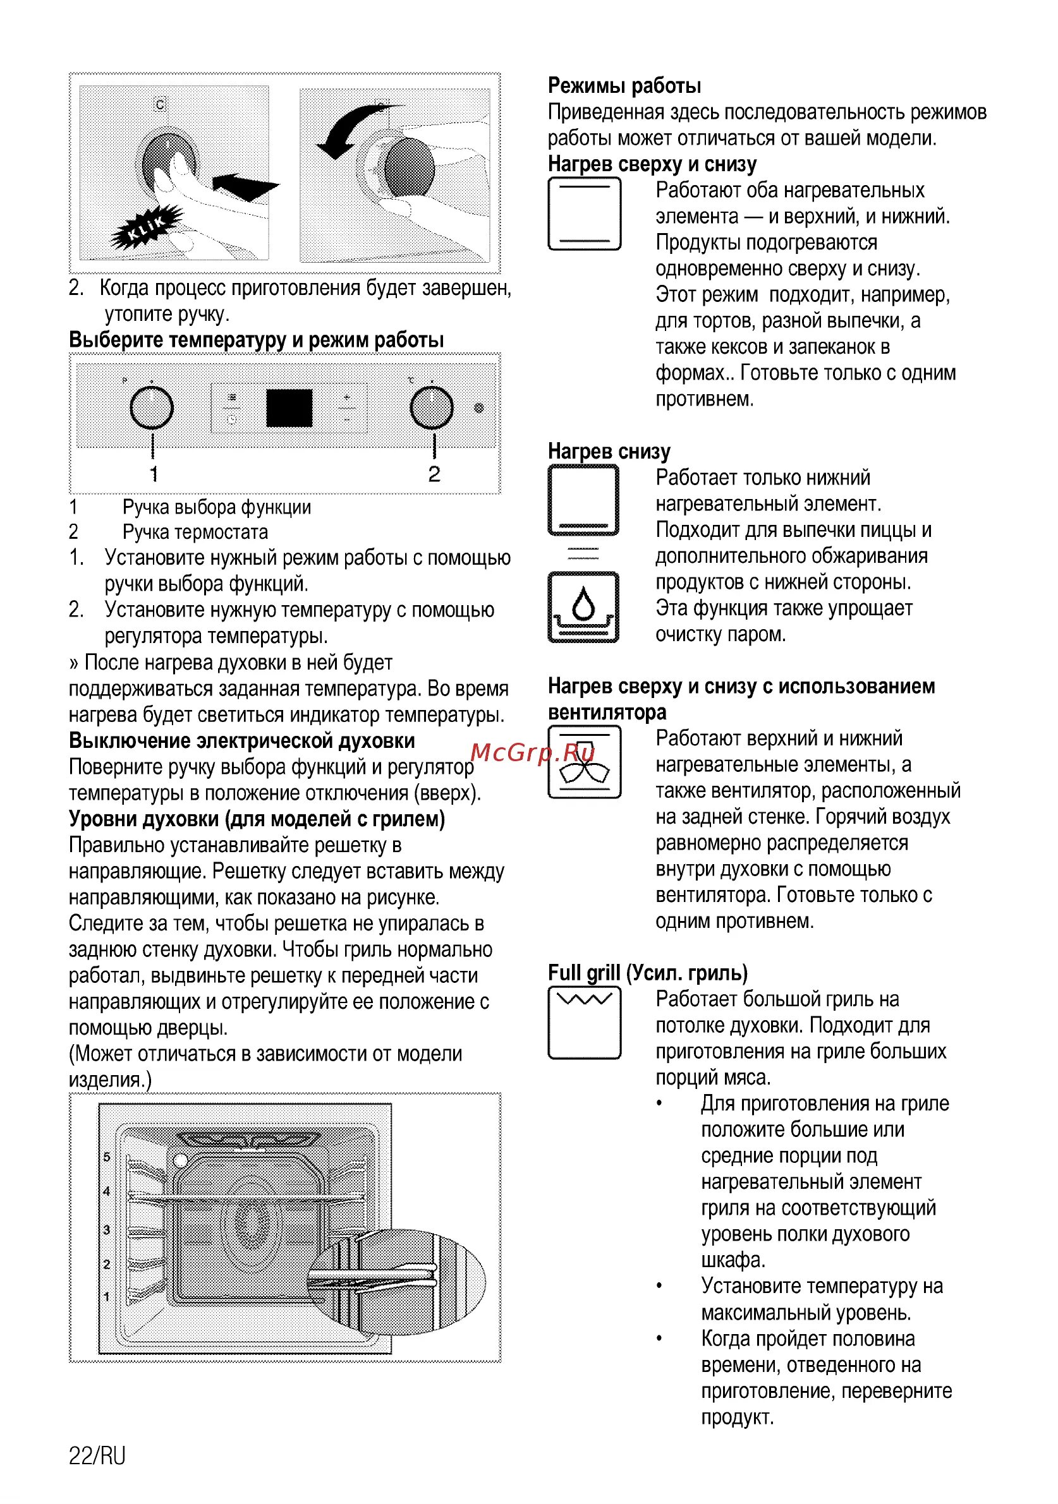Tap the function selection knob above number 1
[152, 407]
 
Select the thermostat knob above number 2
[431, 407]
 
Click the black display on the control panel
[289, 408]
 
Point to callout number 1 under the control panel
[154, 474]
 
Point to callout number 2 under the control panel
[434, 474]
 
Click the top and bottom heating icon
[584, 214]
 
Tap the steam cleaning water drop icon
[583, 607]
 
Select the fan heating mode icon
[584, 764]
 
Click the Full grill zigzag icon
[584, 1023]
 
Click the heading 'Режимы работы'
[624, 86]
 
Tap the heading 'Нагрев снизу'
[609, 452]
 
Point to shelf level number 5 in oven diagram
[107, 1157]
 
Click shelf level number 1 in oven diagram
[107, 1296]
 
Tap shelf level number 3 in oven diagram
[107, 1229]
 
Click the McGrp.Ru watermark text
[532, 753]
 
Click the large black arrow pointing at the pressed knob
[246, 185]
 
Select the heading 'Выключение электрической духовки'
[242, 741]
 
